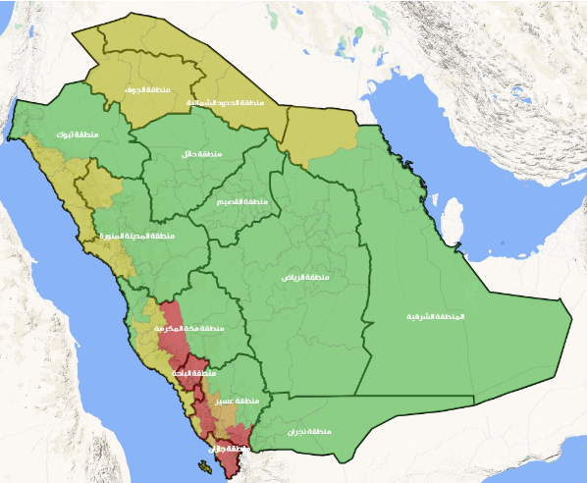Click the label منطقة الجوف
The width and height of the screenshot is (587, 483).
[142, 89]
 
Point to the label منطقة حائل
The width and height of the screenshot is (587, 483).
[200, 154]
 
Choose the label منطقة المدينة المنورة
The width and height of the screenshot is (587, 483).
[135, 236]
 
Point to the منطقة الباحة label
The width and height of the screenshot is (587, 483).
[193, 373]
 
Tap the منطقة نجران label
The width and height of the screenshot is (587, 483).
[310, 431]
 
